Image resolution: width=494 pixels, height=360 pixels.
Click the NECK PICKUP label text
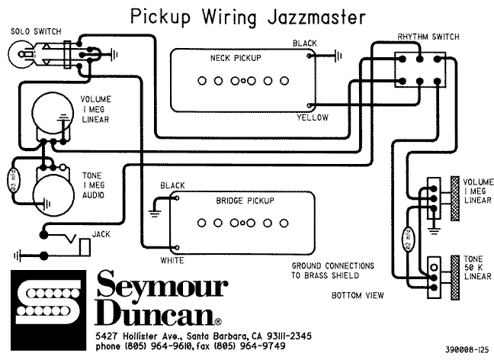tap(236, 58)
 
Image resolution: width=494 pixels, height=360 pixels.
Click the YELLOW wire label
tap(313, 118)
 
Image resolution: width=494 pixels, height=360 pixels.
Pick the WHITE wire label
tap(172, 261)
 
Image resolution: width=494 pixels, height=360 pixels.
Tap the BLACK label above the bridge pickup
tap(172, 185)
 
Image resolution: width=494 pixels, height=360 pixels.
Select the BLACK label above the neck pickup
tap(305, 43)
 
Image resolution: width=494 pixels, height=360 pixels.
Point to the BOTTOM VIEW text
tap(358, 294)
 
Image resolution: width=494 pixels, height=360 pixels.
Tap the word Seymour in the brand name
tap(162, 287)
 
